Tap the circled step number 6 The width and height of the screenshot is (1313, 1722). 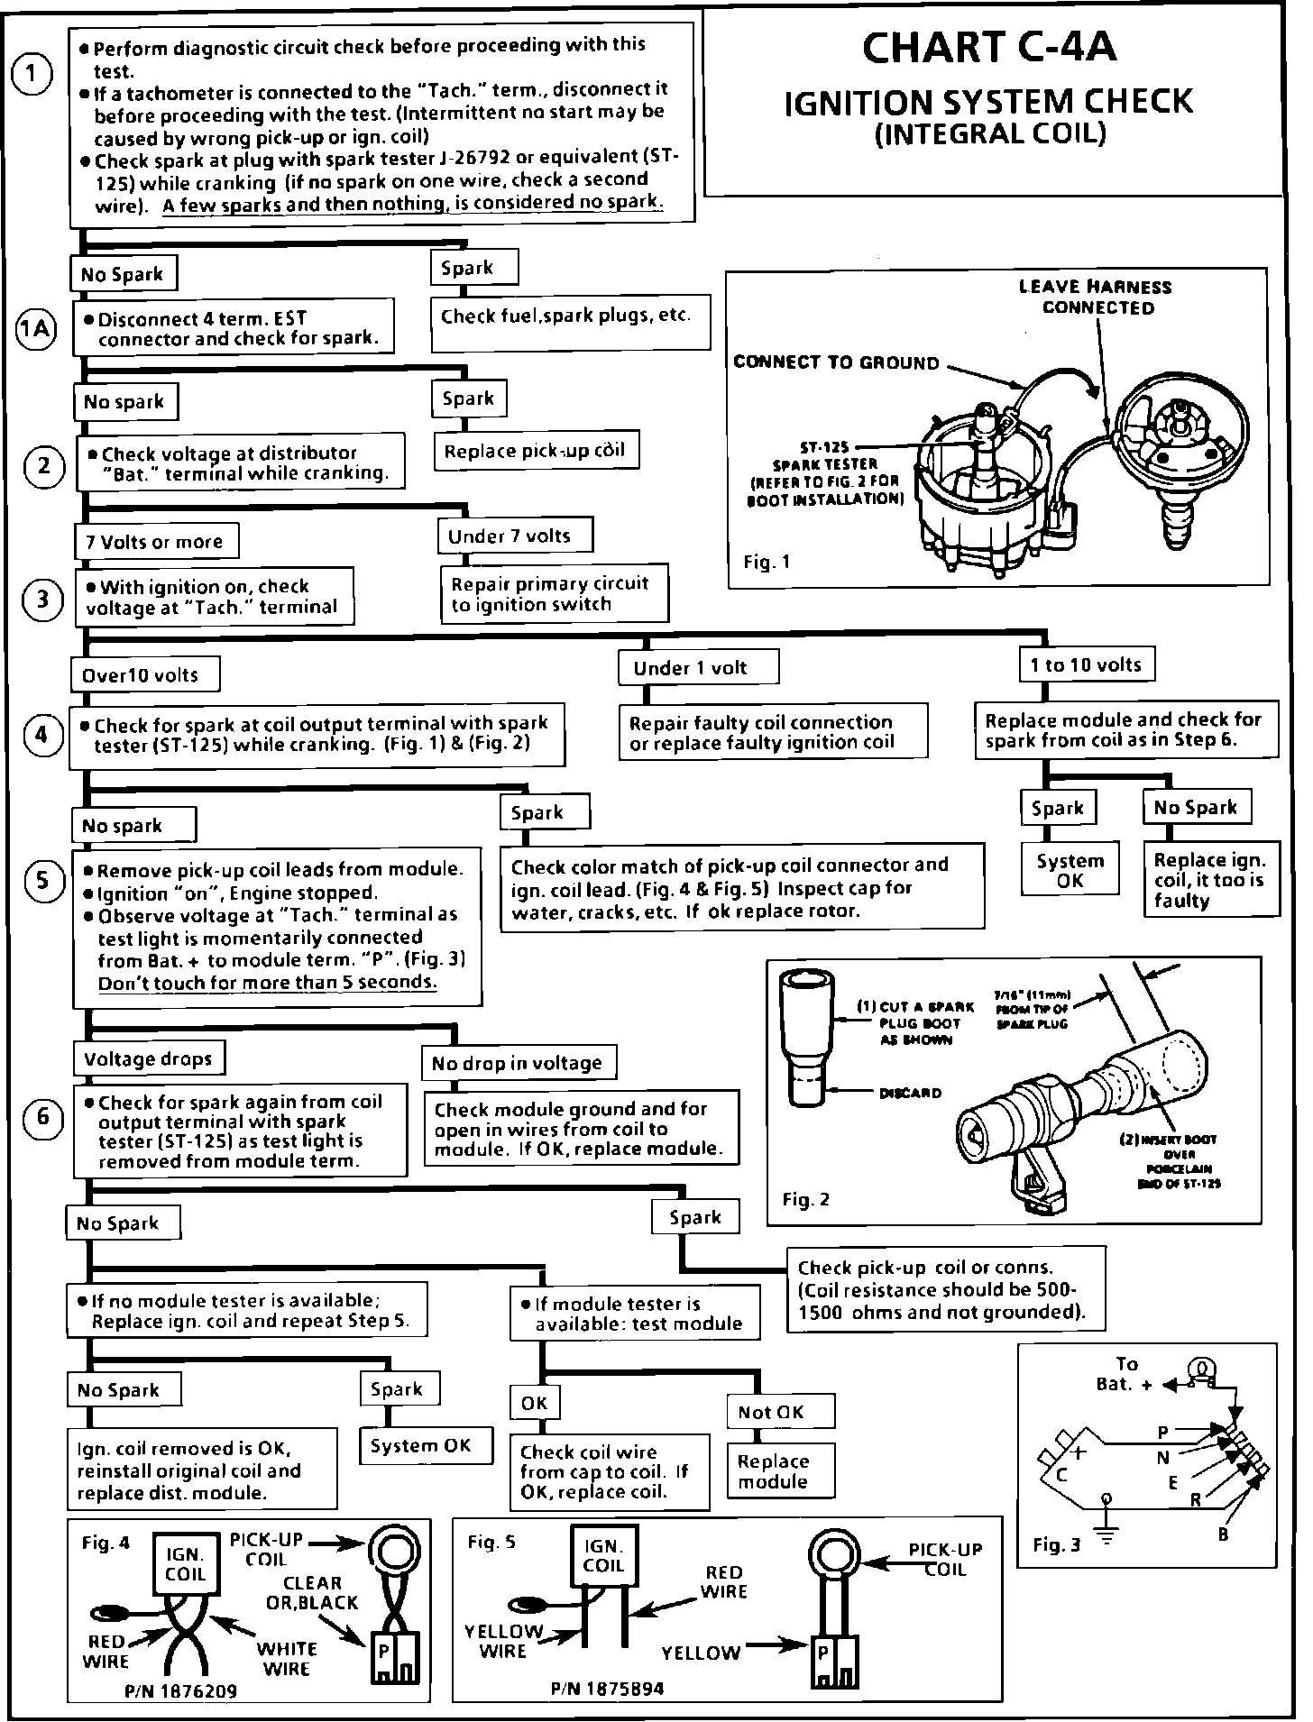click(42, 1119)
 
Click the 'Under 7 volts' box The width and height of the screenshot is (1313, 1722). click(513, 536)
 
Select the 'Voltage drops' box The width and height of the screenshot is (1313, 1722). click(148, 1058)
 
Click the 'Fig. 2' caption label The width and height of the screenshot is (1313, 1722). click(804, 1200)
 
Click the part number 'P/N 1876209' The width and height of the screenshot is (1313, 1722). click(181, 1691)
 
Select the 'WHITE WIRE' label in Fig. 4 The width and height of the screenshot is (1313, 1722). click(287, 1659)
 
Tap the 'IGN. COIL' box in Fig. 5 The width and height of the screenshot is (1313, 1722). click(603, 1555)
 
